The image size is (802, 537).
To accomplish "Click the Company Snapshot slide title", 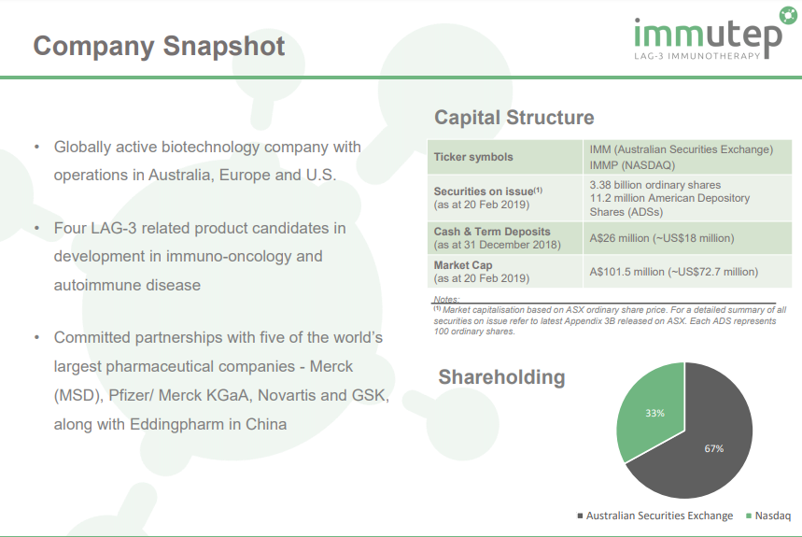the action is (159, 47).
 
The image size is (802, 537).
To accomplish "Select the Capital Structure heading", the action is (514, 118).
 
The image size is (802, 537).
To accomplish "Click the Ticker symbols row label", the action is (473, 157).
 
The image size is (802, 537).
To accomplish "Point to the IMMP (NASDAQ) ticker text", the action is (632, 165).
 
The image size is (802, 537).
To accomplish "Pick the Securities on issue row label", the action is (488, 191).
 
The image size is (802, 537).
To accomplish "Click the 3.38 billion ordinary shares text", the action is (654, 185).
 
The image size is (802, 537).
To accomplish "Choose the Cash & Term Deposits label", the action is (492, 232).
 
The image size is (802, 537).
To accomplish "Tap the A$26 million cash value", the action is (661, 238).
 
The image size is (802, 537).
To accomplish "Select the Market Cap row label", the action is (463, 265).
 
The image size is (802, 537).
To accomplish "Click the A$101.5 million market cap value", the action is (673, 272).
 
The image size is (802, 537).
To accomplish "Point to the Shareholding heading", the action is (501, 377).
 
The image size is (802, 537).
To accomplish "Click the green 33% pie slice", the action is (652, 409).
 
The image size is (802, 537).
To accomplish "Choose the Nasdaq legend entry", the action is (768, 516).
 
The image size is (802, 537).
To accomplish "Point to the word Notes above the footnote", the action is (446, 299).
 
